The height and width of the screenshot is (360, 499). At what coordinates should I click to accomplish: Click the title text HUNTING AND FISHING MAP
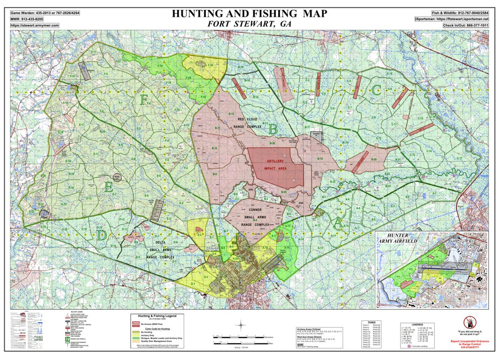click(249, 13)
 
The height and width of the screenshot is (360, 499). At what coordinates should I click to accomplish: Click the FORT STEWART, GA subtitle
click(249, 24)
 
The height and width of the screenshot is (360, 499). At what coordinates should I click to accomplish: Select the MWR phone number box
click(27, 19)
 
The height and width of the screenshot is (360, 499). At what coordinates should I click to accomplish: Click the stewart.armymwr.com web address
click(35, 25)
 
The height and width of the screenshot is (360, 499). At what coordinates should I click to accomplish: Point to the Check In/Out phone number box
click(466, 25)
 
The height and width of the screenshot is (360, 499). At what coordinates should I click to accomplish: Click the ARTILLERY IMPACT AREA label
click(275, 165)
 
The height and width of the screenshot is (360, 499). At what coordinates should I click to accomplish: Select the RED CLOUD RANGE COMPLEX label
click(247, 123)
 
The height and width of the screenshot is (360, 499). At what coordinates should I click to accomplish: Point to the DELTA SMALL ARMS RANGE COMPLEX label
click(160, 250)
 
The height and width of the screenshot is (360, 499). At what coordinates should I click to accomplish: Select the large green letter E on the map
click(109, 187)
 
